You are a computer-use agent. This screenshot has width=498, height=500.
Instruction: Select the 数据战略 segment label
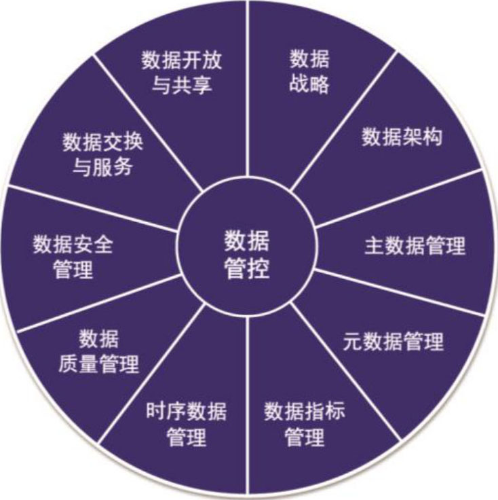309,71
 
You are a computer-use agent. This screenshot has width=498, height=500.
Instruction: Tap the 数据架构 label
402,137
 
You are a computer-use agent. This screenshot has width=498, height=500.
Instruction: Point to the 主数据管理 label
415,245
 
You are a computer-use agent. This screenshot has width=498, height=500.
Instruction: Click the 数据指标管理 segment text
305,424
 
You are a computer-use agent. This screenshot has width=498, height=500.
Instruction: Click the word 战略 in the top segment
309,85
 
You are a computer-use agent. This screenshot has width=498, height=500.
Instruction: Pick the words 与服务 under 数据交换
103,168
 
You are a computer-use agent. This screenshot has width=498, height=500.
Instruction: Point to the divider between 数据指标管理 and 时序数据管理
247,408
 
